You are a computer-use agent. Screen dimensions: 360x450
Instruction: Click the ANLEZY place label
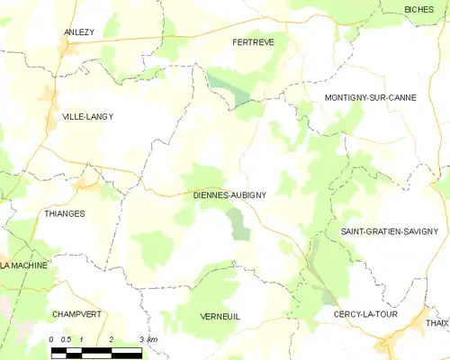(x=79, y=32)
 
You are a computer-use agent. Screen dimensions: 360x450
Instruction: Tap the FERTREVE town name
(x=253, y=41)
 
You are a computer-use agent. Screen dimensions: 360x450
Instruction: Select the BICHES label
(x=418, y=9)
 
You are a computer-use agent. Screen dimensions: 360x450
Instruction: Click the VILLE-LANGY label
(x=87, y=116)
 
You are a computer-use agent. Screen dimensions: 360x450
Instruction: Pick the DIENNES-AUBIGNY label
(x=229, y=193)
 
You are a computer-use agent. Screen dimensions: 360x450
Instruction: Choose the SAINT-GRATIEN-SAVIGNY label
(x=389, y=231)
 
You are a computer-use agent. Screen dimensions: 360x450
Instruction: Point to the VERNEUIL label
(x=220, y=316)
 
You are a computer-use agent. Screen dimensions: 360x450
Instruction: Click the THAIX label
(x=436, y=323)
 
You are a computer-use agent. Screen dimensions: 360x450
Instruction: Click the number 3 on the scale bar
(x=141, y=339)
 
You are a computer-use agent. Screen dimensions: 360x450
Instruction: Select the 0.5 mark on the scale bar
(x=67, y=339)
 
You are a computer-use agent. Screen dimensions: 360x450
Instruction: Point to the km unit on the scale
(x=153, y=339)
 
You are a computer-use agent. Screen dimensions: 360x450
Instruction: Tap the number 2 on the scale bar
(x=111, y=339)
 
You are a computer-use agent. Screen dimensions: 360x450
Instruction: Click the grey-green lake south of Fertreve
(x=232, y=89)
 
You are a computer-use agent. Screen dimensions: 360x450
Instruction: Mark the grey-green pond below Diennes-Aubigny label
(x=238, y=222)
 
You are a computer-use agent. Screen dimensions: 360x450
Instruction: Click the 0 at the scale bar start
(x=52, y=339)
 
